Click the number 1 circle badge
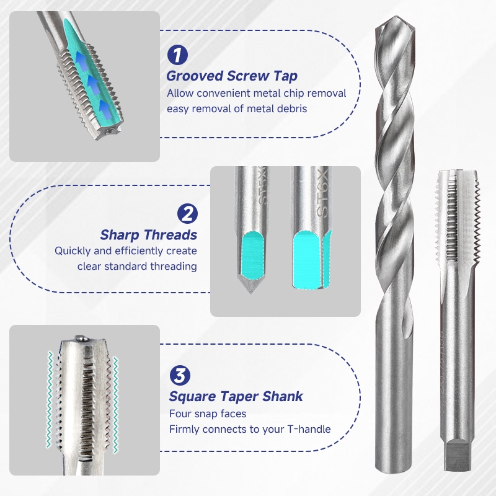177,55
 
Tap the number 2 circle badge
187,213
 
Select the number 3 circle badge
180,376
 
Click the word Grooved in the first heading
195,76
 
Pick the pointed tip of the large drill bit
395,17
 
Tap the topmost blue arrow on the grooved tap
82,61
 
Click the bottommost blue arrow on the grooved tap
106,109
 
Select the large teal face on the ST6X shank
306,259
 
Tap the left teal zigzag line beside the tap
50,399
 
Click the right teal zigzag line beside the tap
115,405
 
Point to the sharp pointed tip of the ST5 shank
251,293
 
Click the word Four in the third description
178,414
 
